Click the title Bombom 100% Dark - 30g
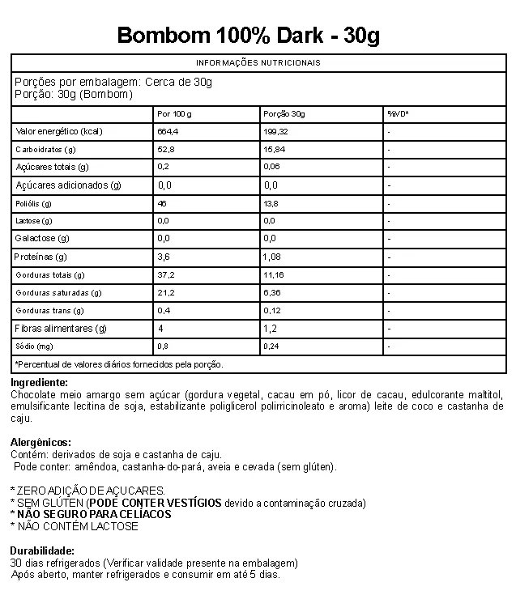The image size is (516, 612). tap(249, 36)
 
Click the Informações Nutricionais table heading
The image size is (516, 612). tap(258, 62)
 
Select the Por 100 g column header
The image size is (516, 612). tap(174, 113)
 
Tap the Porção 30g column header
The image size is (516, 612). tap(284, 113)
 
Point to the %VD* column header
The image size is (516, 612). tap(398, 113)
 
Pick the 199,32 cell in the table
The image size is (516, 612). tap(276, 131)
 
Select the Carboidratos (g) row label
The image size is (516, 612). tap(46, 150)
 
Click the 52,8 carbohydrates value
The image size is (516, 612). tap(166, 150)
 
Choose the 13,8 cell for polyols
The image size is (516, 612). tap(271, 203)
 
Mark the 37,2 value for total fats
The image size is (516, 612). tap(166, 275)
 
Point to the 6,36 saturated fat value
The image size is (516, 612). tap(272, 293)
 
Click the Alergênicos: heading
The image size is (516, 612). tap(41, 443)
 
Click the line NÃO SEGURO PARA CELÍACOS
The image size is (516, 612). tap(94, 514)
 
